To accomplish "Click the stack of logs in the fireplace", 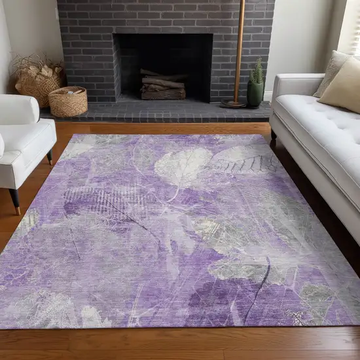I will click(163, 85).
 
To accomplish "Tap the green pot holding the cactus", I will click(255, 93).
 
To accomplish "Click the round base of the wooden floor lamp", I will click(233, 103).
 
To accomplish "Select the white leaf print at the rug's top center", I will click(182, 167).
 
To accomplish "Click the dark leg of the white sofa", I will click(274, 139).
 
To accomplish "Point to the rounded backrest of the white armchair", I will click(18, 109).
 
